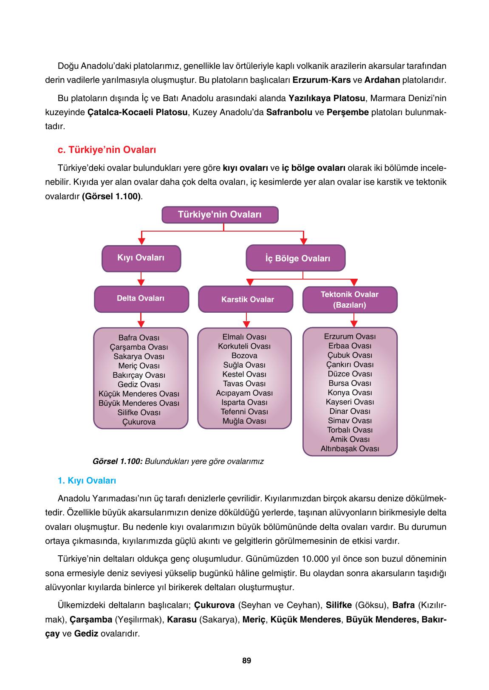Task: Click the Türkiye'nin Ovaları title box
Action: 220,215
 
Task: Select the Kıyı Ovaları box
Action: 141,258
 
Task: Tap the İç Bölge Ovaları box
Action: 296,258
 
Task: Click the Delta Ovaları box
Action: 141,299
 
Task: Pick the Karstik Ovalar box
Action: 246,300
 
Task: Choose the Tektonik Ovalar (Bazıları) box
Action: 350,300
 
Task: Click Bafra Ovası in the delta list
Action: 139,338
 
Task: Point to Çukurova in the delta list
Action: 139,422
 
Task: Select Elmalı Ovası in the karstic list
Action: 244,337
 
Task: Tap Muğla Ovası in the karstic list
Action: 244,421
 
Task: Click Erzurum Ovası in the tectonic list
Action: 350,337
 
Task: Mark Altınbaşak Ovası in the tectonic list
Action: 350,449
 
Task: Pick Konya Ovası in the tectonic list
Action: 350,393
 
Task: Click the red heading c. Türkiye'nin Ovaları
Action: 107,150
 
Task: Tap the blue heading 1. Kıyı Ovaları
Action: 87,481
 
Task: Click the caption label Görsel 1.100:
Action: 117,461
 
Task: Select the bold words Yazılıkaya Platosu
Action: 327,99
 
